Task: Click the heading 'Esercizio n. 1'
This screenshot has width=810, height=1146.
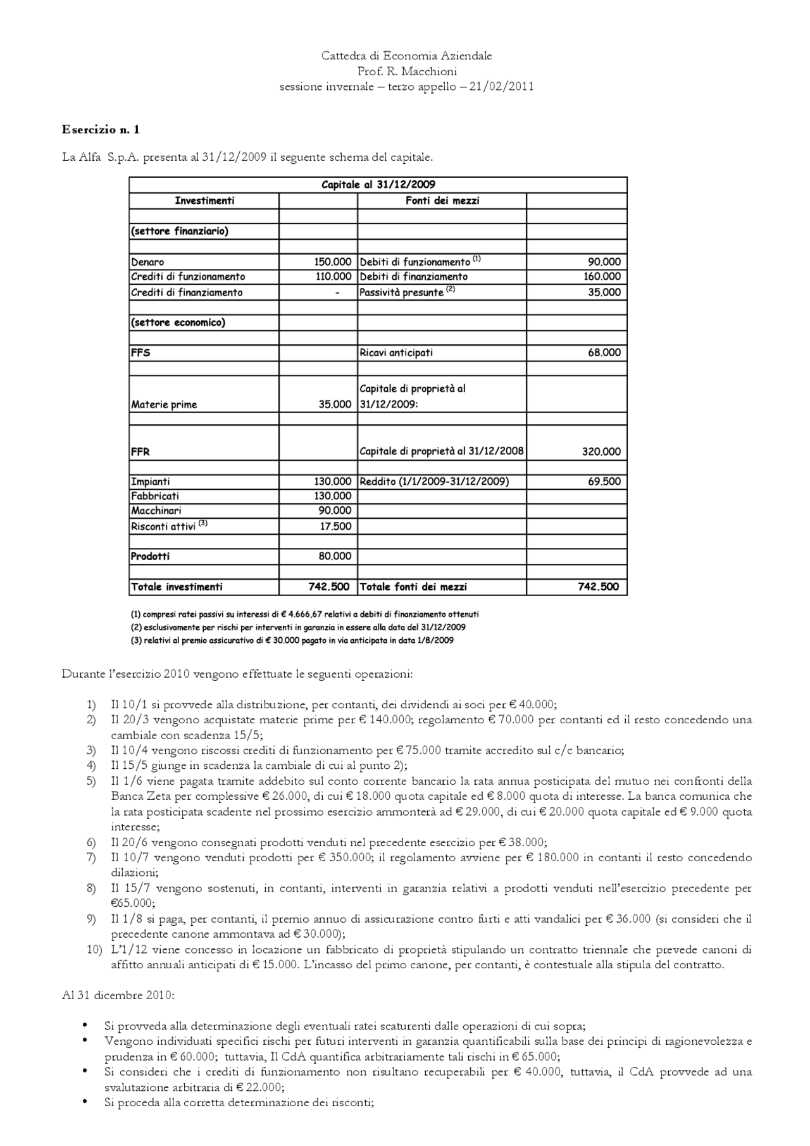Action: [x=101, y=130]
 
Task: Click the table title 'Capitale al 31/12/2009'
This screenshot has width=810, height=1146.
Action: [x=378, y=185]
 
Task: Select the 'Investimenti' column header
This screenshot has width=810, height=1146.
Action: [x=204, y=201]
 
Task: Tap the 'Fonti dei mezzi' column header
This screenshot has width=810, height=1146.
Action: [x=442, y=201]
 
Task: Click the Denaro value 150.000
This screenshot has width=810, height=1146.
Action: [x=333, y=262]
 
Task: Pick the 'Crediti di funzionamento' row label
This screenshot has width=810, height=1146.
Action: [x=188, y=277]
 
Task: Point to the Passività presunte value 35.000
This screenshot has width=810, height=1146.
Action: [x=604, y=292]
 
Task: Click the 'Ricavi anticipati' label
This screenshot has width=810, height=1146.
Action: [x=396, y=352]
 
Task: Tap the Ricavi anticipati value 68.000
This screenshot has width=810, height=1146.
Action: [x=604, y=352]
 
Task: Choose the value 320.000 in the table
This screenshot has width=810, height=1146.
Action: [x=601, y=452]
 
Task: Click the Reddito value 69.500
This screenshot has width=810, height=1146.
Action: [x=604, y=482]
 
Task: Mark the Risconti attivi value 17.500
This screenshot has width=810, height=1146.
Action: [x=335, y=526]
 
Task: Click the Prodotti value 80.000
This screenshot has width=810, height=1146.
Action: [x=335, y=556]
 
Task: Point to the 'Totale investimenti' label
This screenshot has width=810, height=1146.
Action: [x=177, y=587]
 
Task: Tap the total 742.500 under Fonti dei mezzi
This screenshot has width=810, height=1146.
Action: [x=598, y=587]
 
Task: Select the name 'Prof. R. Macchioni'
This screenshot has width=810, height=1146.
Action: [x=407, y=72]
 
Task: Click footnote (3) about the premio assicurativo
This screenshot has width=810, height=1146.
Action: [x=292, y=640]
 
